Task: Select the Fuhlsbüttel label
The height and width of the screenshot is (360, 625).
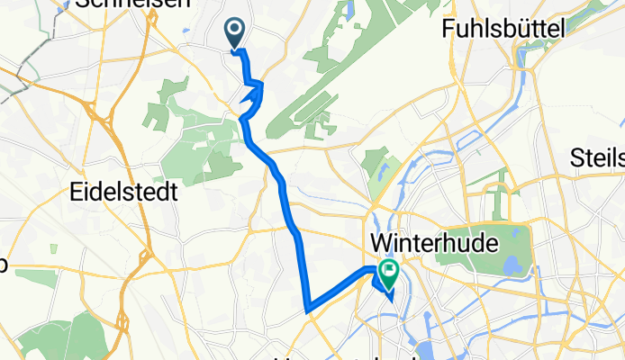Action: pyautogui.click(x=503, y=30)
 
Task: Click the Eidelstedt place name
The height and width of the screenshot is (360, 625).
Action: pyautogui.click(x=122, y=193)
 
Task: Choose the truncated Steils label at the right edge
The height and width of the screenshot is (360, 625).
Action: pyautogui.click(x=598, y=159)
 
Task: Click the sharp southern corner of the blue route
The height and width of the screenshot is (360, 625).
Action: pyautogui.click(x=308, y=310)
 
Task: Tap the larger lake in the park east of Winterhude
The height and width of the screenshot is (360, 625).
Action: pyautogui.click(x=512, y=265)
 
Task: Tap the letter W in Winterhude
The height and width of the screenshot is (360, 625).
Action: pyautogui.click(x=380, y=242)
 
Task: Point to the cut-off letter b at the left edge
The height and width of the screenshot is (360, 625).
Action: pyautogui.click(x=3, y=264)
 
